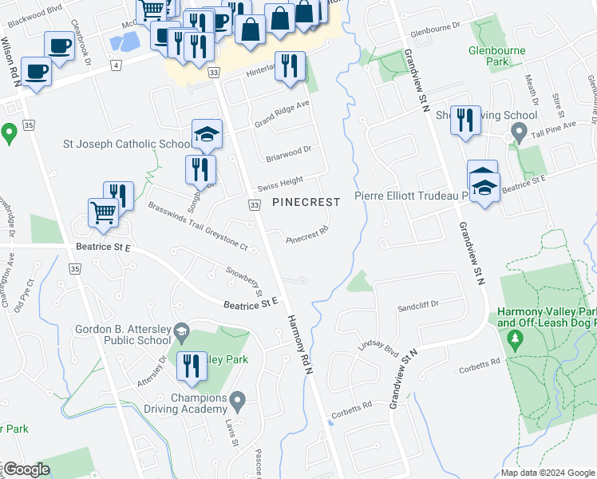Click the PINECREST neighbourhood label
pyautogui.click(x=306, y=202)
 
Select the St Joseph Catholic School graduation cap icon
pyautogui.click(x=206, y=134)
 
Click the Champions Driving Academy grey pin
pyautogui.click(x=237, y=398)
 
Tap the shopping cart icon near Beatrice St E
pyautogui.click(x=104, y=212)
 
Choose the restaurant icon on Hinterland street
pyautogui.click(x=290, y=65)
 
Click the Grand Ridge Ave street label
pyautogui.click(x=282, y=113)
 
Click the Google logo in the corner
pyautogui.click(x=26, y=469)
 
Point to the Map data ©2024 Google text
pyautogui.click(x=548, y=473)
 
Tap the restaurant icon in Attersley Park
pyautogui.click(x=191, y=366)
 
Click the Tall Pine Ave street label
pyautogui.click(x=567, y=120)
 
